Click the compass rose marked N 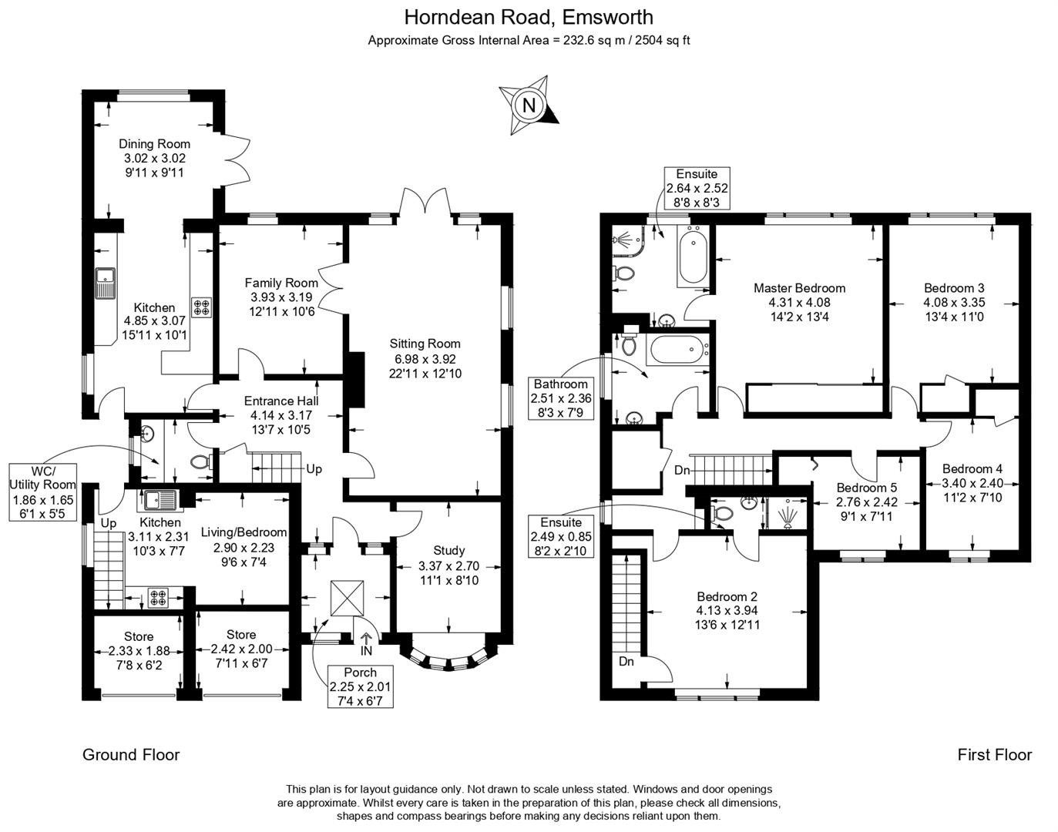coord(529,105)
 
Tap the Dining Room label coord(154,144)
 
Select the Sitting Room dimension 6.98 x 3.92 coord(425,359)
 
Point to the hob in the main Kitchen coord(202,307)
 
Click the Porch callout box coord(360,686)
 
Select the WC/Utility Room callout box coord(43,491)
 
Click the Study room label coord(448,550)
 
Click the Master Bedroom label coord(799,288)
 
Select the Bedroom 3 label coord(954,288)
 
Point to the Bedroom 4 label coord(972,468)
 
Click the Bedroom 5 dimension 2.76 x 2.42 coord(867,502)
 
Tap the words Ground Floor coord(131,755)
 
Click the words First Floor coord(994,755)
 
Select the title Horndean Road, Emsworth coord(529,17)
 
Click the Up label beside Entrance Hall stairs coord(314,468)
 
